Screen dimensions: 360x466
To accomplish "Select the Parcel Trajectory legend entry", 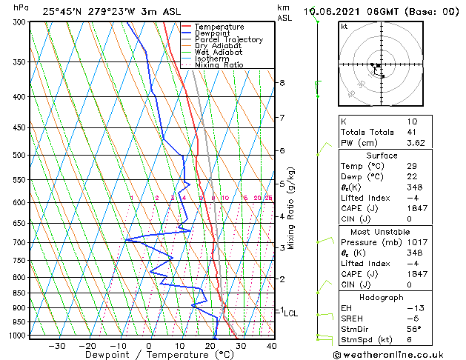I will (x=228, y=39).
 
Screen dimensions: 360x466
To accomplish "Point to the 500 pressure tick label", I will (x=20, y=156).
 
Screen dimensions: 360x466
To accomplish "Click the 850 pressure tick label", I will (x=20, y=293).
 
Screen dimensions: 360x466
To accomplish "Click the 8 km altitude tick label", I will (x=282, y=83).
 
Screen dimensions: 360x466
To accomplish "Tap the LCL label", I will (x=291, y=313).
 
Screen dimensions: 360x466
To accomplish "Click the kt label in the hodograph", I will (x=344, y=27).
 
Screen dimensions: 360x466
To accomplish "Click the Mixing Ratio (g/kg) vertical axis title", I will (x=292, y=207).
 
